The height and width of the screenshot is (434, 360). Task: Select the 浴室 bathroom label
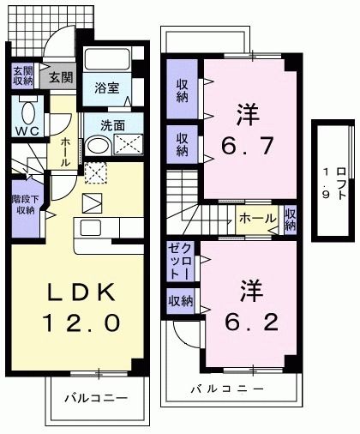point(107,87)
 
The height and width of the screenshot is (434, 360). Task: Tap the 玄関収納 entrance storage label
point(21,76)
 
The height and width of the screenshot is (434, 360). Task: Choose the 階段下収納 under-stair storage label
point(23,203)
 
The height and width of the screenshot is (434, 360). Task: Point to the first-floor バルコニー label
point(96,399)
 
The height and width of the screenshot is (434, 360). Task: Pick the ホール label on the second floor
point(256,218)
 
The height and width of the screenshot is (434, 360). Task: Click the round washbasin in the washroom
point(96,145)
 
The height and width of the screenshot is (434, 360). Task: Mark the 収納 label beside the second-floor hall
point(291,219)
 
